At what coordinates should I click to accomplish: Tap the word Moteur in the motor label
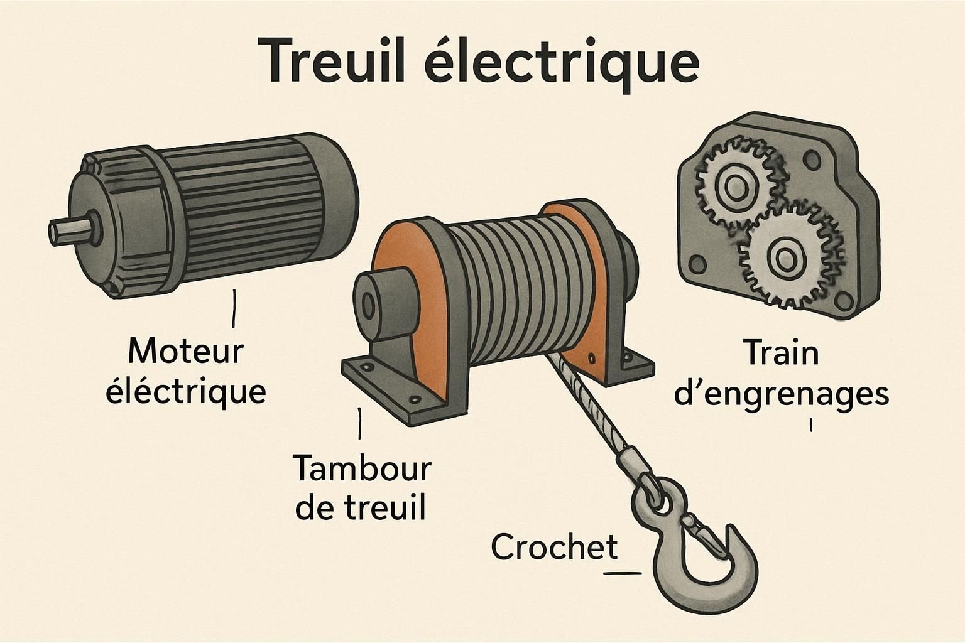(185, 352)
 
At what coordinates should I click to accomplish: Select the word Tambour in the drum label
(363, 469)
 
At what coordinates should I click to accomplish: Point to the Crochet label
(554, 548)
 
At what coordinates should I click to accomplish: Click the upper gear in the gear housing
(733, 185)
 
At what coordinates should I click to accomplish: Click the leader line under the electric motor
(234, 308)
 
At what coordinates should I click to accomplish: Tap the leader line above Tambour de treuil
(359, 426)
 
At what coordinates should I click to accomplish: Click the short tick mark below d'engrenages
(811, 425)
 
